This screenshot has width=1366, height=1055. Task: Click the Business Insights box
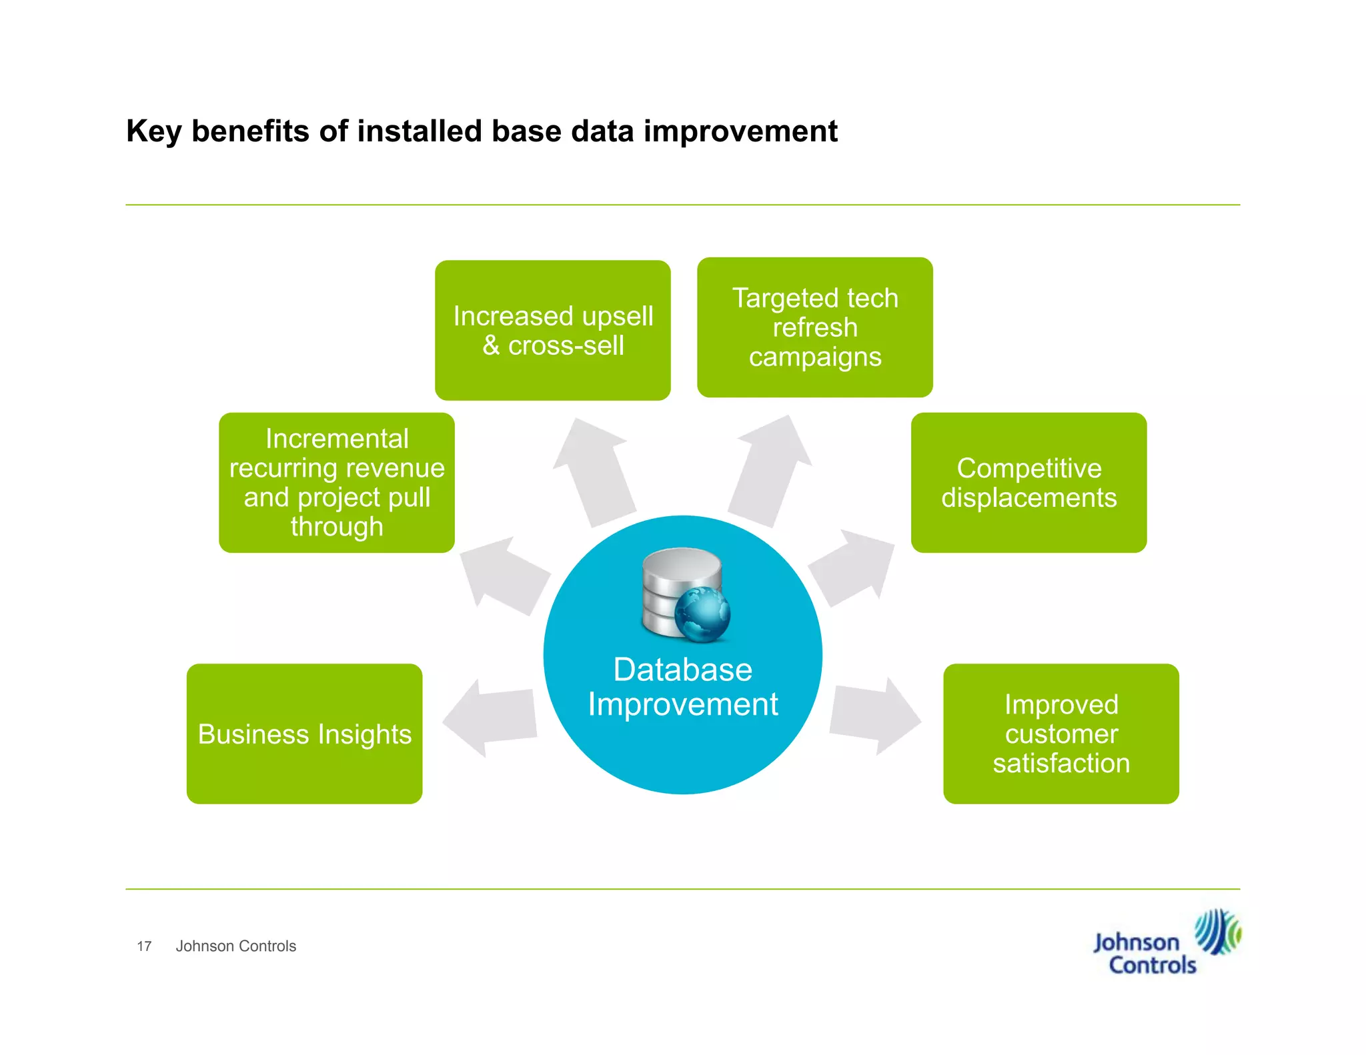click(x=304, y=734)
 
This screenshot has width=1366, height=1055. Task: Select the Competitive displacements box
click(x=1029, y=483)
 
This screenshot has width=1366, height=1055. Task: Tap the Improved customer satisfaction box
click(x=1061, y=734)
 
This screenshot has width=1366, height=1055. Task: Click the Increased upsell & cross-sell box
click(x=552, y=330)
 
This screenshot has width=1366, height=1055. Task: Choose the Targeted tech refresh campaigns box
click(x=814, y=327)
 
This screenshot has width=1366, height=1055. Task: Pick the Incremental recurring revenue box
click(x=337, y=483)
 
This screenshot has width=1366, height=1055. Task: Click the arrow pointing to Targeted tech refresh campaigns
click(x=770, y=471)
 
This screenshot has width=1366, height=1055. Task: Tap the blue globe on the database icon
click(x=702, y=615)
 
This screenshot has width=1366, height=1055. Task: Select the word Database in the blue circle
click(x=682, y=670)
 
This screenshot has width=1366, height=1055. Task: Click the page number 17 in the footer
click(x=144, y=946)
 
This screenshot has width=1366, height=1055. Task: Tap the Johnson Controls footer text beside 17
click(x=235, y=946)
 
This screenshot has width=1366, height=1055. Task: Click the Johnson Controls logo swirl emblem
click(x=1217, y=931)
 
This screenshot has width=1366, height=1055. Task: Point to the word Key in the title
click(x=153, y=131)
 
